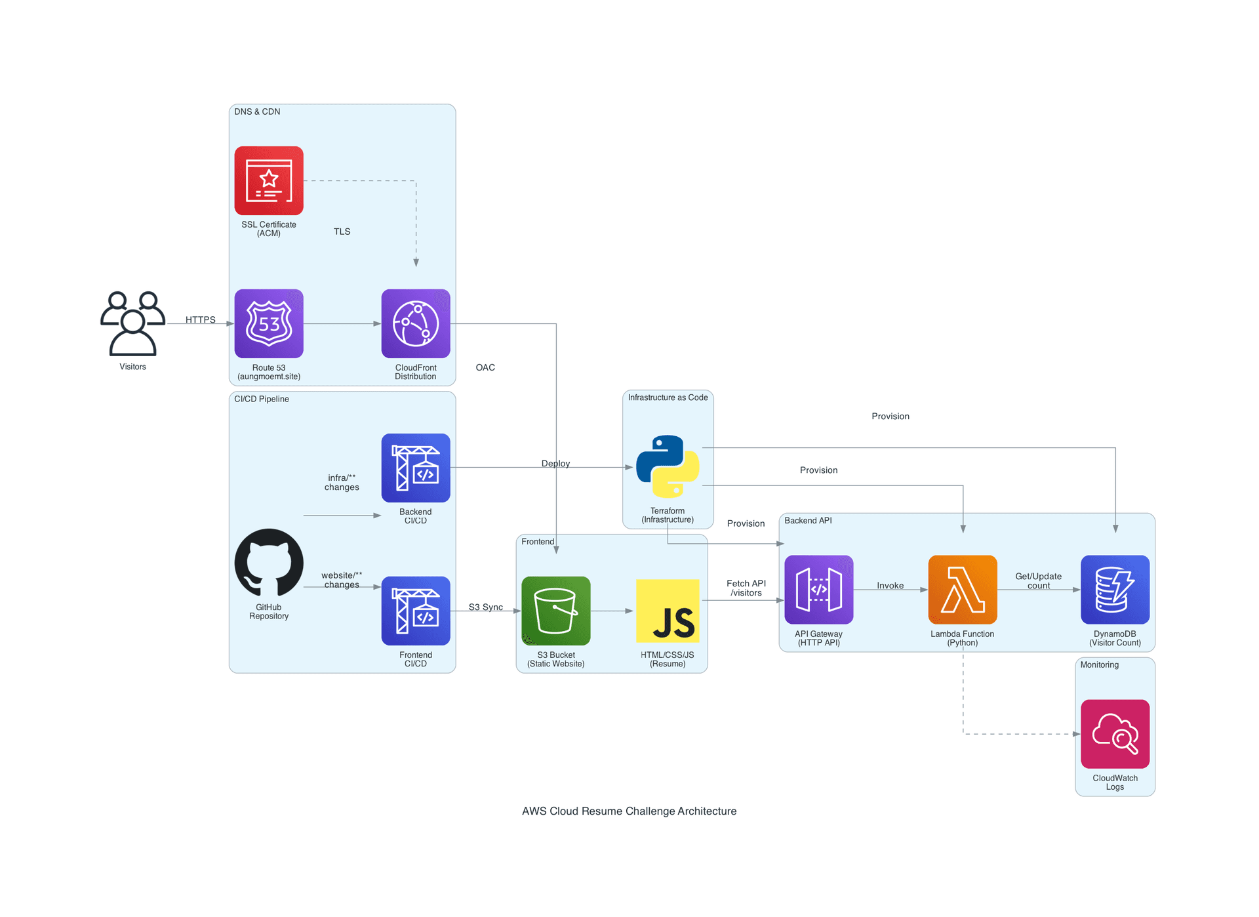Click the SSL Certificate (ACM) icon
click(269, 180)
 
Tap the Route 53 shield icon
click(269, 323)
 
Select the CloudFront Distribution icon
click(416, 323)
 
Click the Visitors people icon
click(132, 323)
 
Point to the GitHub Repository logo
click(269, 563)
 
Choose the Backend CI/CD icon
click(416, 468)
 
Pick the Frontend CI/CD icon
click(416, 611)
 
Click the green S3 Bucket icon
click(556, 611)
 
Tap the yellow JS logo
click(668, 611)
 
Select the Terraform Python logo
click(668, 466)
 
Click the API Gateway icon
click(818, 590)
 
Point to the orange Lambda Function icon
click(963, 590)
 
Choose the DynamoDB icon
click(1115, 590)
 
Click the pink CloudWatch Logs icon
click(1115, 734)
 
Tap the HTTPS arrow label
click(200, 319)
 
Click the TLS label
click(342, 232)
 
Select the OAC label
click(485, 367)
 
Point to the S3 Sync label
click(485, 607)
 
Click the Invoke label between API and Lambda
click(890, 585)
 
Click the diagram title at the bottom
click(629, 811)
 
